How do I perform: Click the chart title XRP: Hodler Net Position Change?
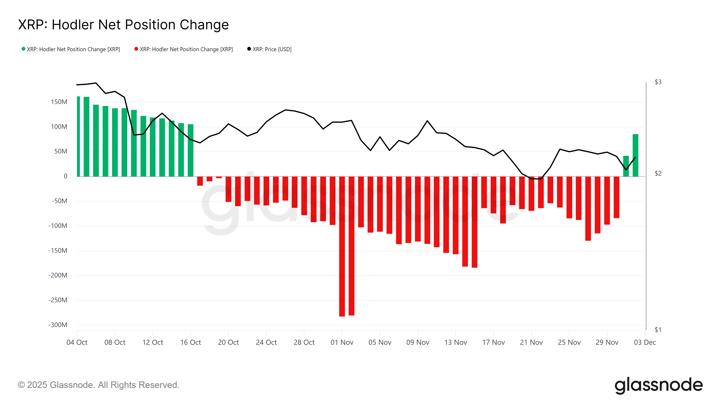[123, 25]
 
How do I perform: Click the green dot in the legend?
[23, 49]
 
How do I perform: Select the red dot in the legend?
[136, 49]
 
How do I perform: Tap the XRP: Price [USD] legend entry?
[272, 49]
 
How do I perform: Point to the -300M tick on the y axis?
[58, 325]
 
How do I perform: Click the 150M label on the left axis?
[59, 102]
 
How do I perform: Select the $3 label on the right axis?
[658, 82]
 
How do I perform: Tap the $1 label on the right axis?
[658, 330]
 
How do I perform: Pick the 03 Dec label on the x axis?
[645, 342]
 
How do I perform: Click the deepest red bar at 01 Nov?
[342, 247]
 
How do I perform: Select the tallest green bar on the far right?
[635, 155]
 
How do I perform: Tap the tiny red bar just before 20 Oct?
[219, 177]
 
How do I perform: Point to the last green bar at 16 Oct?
[191, 150]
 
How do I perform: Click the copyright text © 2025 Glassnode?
[98, 385]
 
